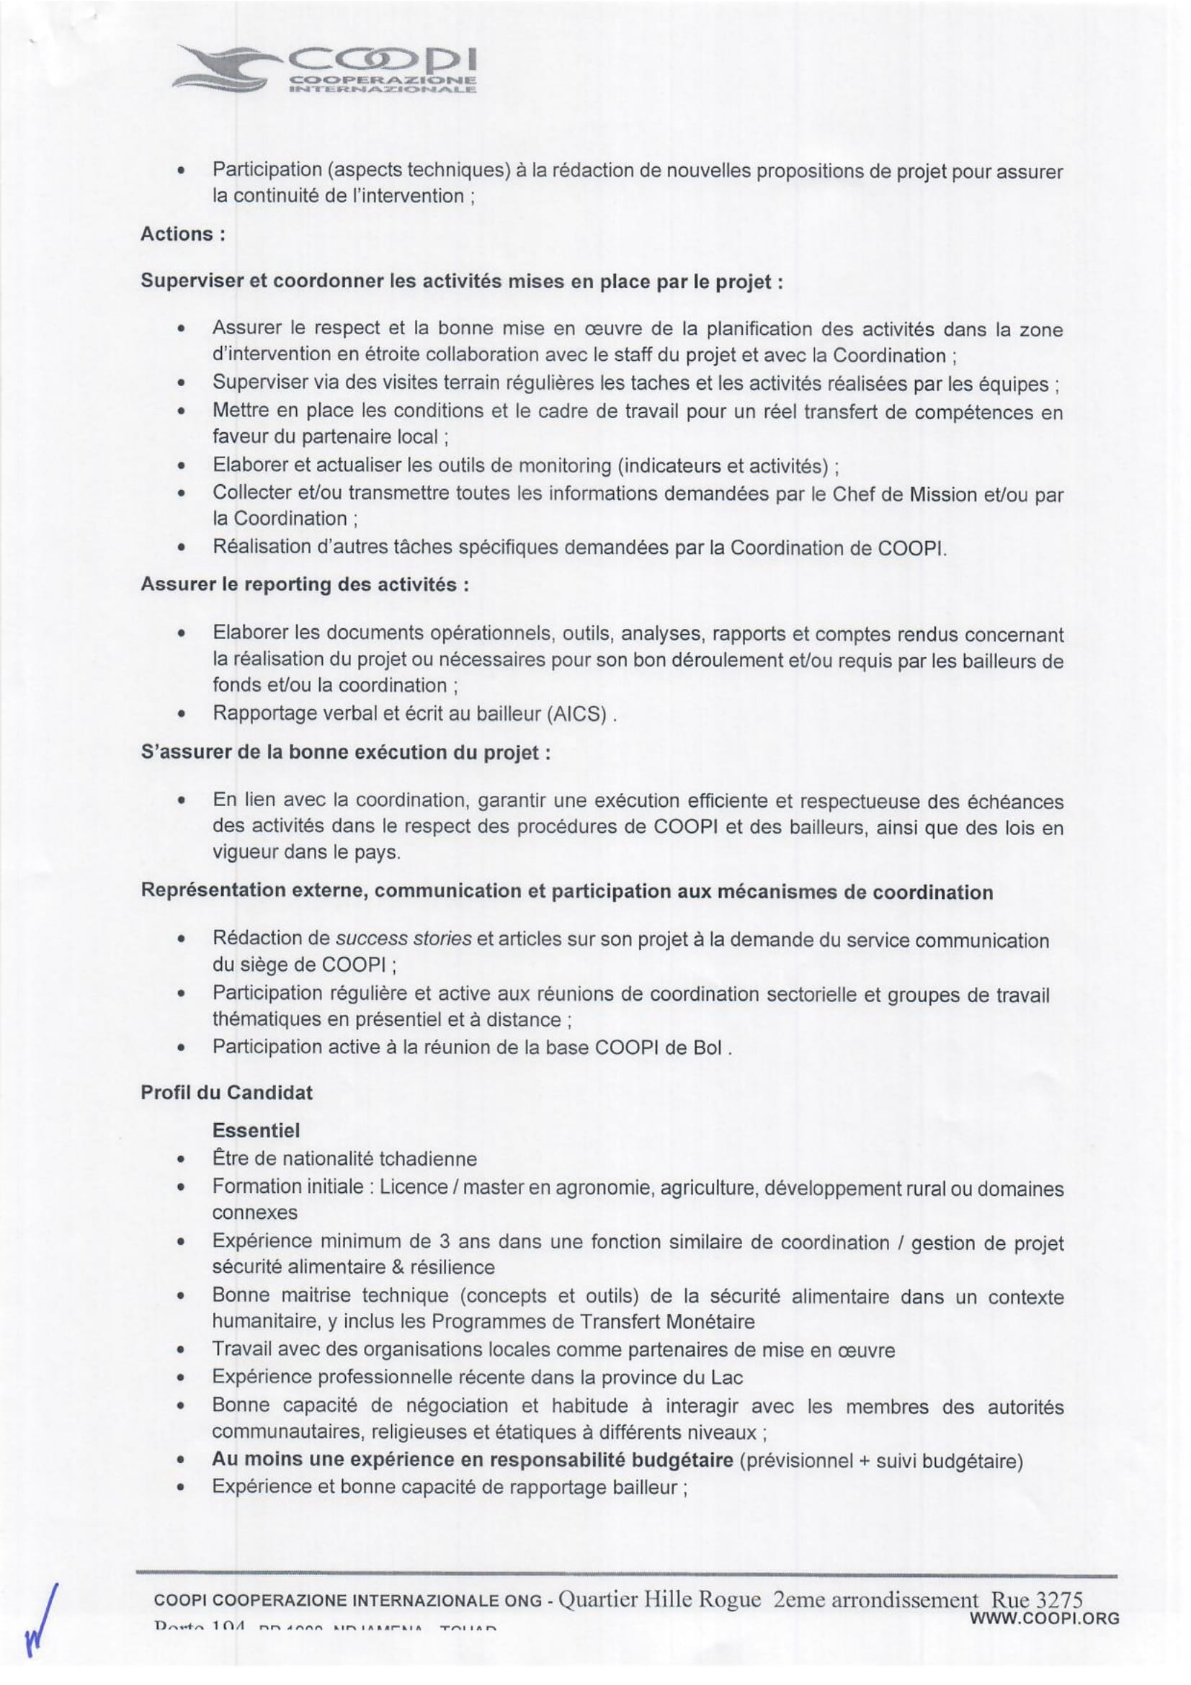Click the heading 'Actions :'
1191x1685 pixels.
(x=182, y=234)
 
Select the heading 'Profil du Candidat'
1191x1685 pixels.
(x=226, y=1092)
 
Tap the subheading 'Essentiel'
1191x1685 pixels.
(x=256, y=1130)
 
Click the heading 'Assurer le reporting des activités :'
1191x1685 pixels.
(x=305, y=585)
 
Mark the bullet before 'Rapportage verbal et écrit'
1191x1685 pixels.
(x=180, y=714)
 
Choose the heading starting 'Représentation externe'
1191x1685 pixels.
(x=566, y=892)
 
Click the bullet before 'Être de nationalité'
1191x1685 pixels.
(x=180, y=1160)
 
